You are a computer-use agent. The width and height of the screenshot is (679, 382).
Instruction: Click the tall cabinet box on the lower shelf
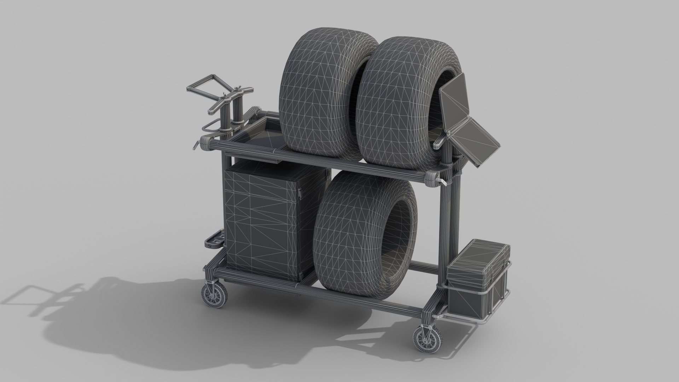[x=269, y=219]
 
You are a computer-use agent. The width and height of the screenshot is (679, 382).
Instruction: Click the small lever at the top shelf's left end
[x=196, y=145]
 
